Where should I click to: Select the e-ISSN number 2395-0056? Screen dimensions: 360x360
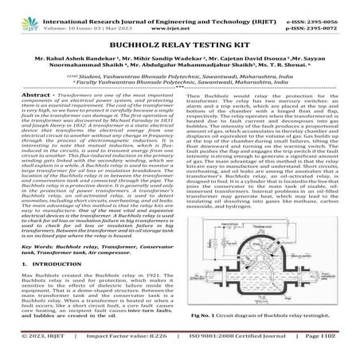pyautogui.click(x=326, y=6)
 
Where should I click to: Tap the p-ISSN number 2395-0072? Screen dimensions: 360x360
pyautogui.click(x=326, y=15)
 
